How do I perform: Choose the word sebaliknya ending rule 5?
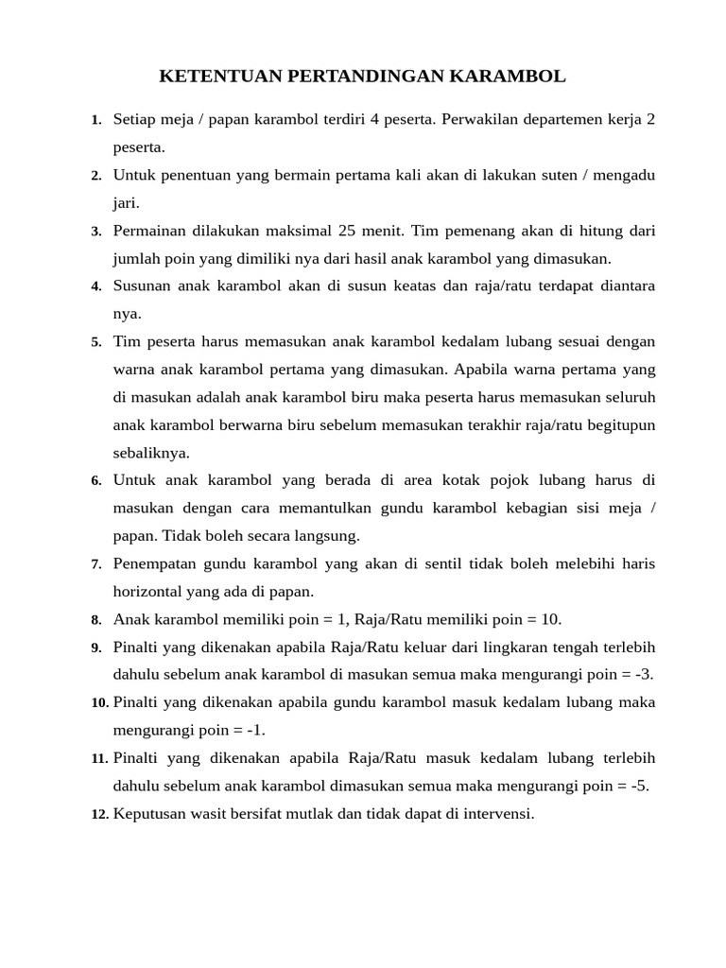pyautogui.click(x=151, y=452)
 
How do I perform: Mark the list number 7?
pyautogui.click(x=96, y=564)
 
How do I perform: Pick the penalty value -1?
pyautogui.click(x=251, y=730)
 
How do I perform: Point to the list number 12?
pyautogui.click(x=99, y=814)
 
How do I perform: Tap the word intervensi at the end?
pyautogui.click(x=495, y=813)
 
